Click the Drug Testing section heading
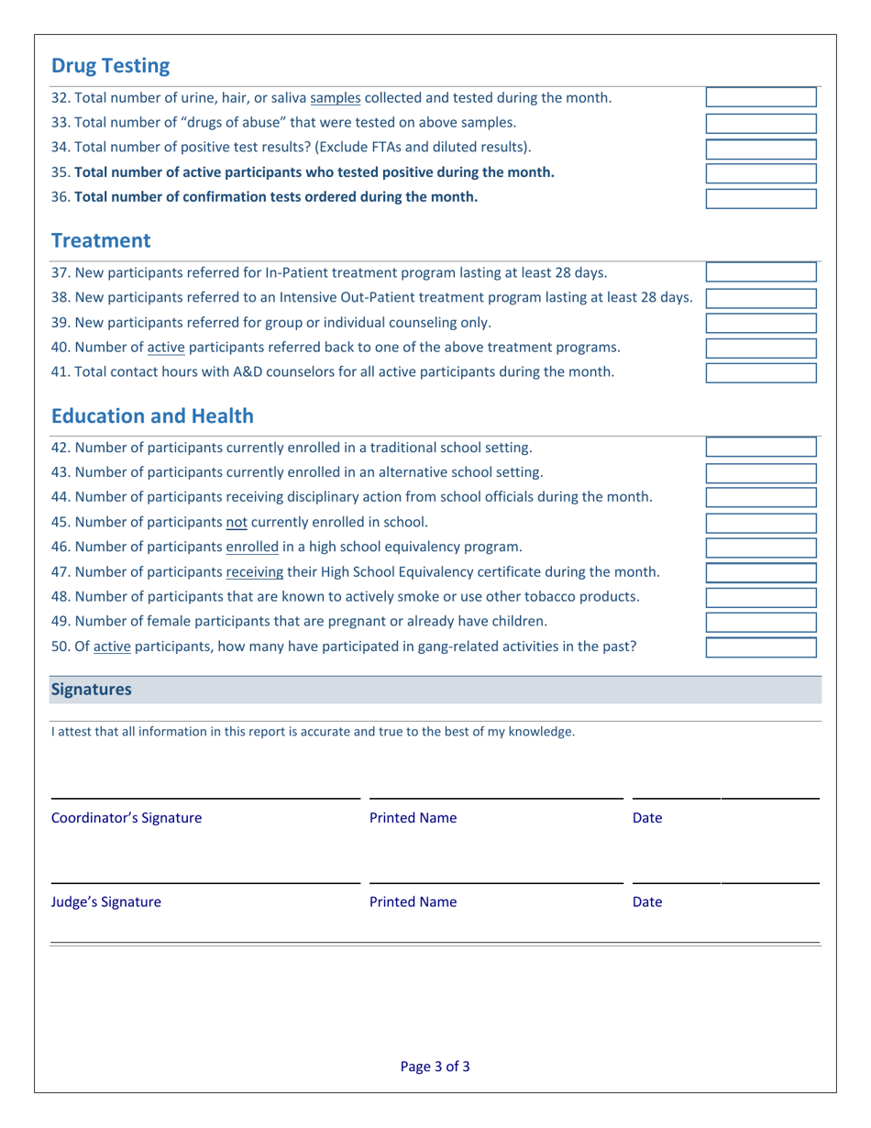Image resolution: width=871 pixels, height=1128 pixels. click(x=110, y=66)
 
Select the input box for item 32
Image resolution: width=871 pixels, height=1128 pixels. click(x=760, y=98)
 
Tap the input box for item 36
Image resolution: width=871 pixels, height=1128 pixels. click(x=760, y=198)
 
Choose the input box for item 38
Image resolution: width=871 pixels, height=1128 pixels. click(x=760, y=298)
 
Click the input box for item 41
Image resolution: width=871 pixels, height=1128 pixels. click(x=760, y=372)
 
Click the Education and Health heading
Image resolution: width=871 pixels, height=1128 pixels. click(x=152, y=416)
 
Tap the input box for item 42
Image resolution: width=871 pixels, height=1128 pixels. click(x=760, y=448)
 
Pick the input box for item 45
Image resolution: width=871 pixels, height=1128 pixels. click(x=760, y=523)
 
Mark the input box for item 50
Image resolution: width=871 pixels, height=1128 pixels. click(x=760, y=647)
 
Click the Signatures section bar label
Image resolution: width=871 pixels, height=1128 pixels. click(x=91, y=690)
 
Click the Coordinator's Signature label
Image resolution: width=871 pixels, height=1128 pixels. click(x=127, y=817)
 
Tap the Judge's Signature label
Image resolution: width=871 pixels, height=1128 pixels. click(x=106, y=901)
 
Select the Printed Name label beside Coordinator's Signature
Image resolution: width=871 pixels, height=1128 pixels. click(x=413, y=817)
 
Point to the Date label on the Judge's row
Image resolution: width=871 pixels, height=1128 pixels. click(x=647, y=901)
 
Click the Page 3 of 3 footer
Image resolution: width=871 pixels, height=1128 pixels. click(x=435, y=1067)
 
